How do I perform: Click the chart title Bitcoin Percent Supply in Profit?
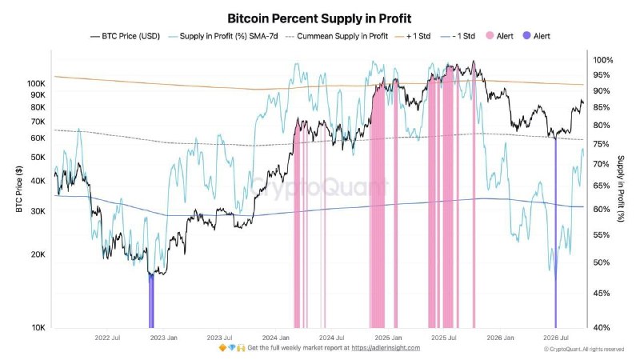point(319,18)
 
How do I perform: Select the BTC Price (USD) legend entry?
point(125,36)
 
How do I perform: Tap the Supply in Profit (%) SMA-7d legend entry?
point(223,36)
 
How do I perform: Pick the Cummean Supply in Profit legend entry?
point(337,36)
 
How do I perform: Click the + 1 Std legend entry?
point(413,36)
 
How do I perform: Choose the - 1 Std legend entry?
point(458,36)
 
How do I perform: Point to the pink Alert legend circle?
point(490,36)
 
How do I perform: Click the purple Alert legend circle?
point(526,36)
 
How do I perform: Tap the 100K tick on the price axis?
point(36,84)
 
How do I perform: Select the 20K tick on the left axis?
point(38,254)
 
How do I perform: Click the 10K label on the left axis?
point(38,327)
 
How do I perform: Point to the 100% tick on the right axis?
point(603,61)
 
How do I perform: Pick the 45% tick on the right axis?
point(602,294)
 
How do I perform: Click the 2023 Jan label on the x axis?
point(164,338)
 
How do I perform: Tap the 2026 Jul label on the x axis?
point(556,338)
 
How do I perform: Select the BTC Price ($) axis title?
point(19,189)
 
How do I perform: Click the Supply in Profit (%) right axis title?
point(621,189)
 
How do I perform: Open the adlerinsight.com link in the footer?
point(386,348)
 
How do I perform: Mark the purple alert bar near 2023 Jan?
point(151,301)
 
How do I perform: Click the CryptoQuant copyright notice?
point(584,349)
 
